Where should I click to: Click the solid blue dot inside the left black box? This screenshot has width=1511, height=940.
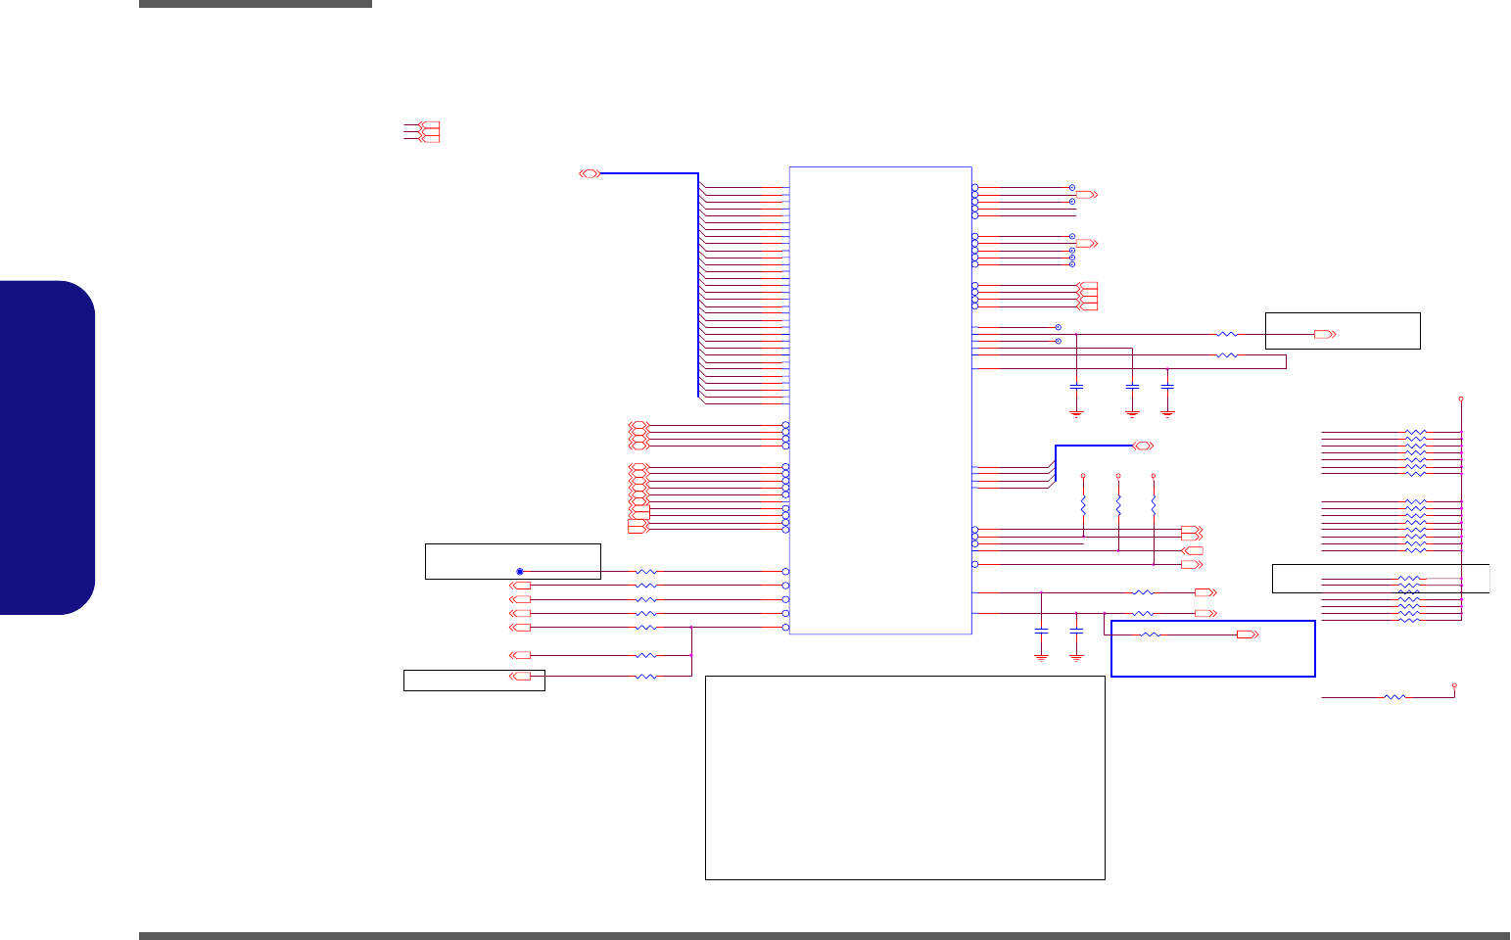520,571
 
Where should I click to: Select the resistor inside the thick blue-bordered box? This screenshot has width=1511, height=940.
1151,635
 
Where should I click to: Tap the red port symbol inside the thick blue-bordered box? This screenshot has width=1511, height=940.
1248,635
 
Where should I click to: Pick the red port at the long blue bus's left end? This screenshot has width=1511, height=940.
590,173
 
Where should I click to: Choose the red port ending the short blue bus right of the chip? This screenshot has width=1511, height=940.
1142,446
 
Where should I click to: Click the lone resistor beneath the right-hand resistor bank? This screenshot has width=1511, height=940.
1394,697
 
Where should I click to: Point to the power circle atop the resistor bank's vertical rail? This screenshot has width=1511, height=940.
1461,399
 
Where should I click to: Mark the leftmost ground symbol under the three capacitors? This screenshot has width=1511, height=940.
1076,413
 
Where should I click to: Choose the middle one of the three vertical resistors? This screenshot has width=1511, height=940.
1118,506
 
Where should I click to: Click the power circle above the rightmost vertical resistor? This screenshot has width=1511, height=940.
1154,476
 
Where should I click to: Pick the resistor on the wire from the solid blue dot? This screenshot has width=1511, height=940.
645,571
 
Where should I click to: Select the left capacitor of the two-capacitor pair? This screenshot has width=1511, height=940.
1041,630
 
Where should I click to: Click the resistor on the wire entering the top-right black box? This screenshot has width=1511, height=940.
1226,335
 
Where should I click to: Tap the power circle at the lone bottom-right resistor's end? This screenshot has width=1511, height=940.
1454,685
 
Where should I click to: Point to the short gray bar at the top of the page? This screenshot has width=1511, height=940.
256,4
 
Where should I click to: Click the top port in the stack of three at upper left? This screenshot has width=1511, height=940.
428,125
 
